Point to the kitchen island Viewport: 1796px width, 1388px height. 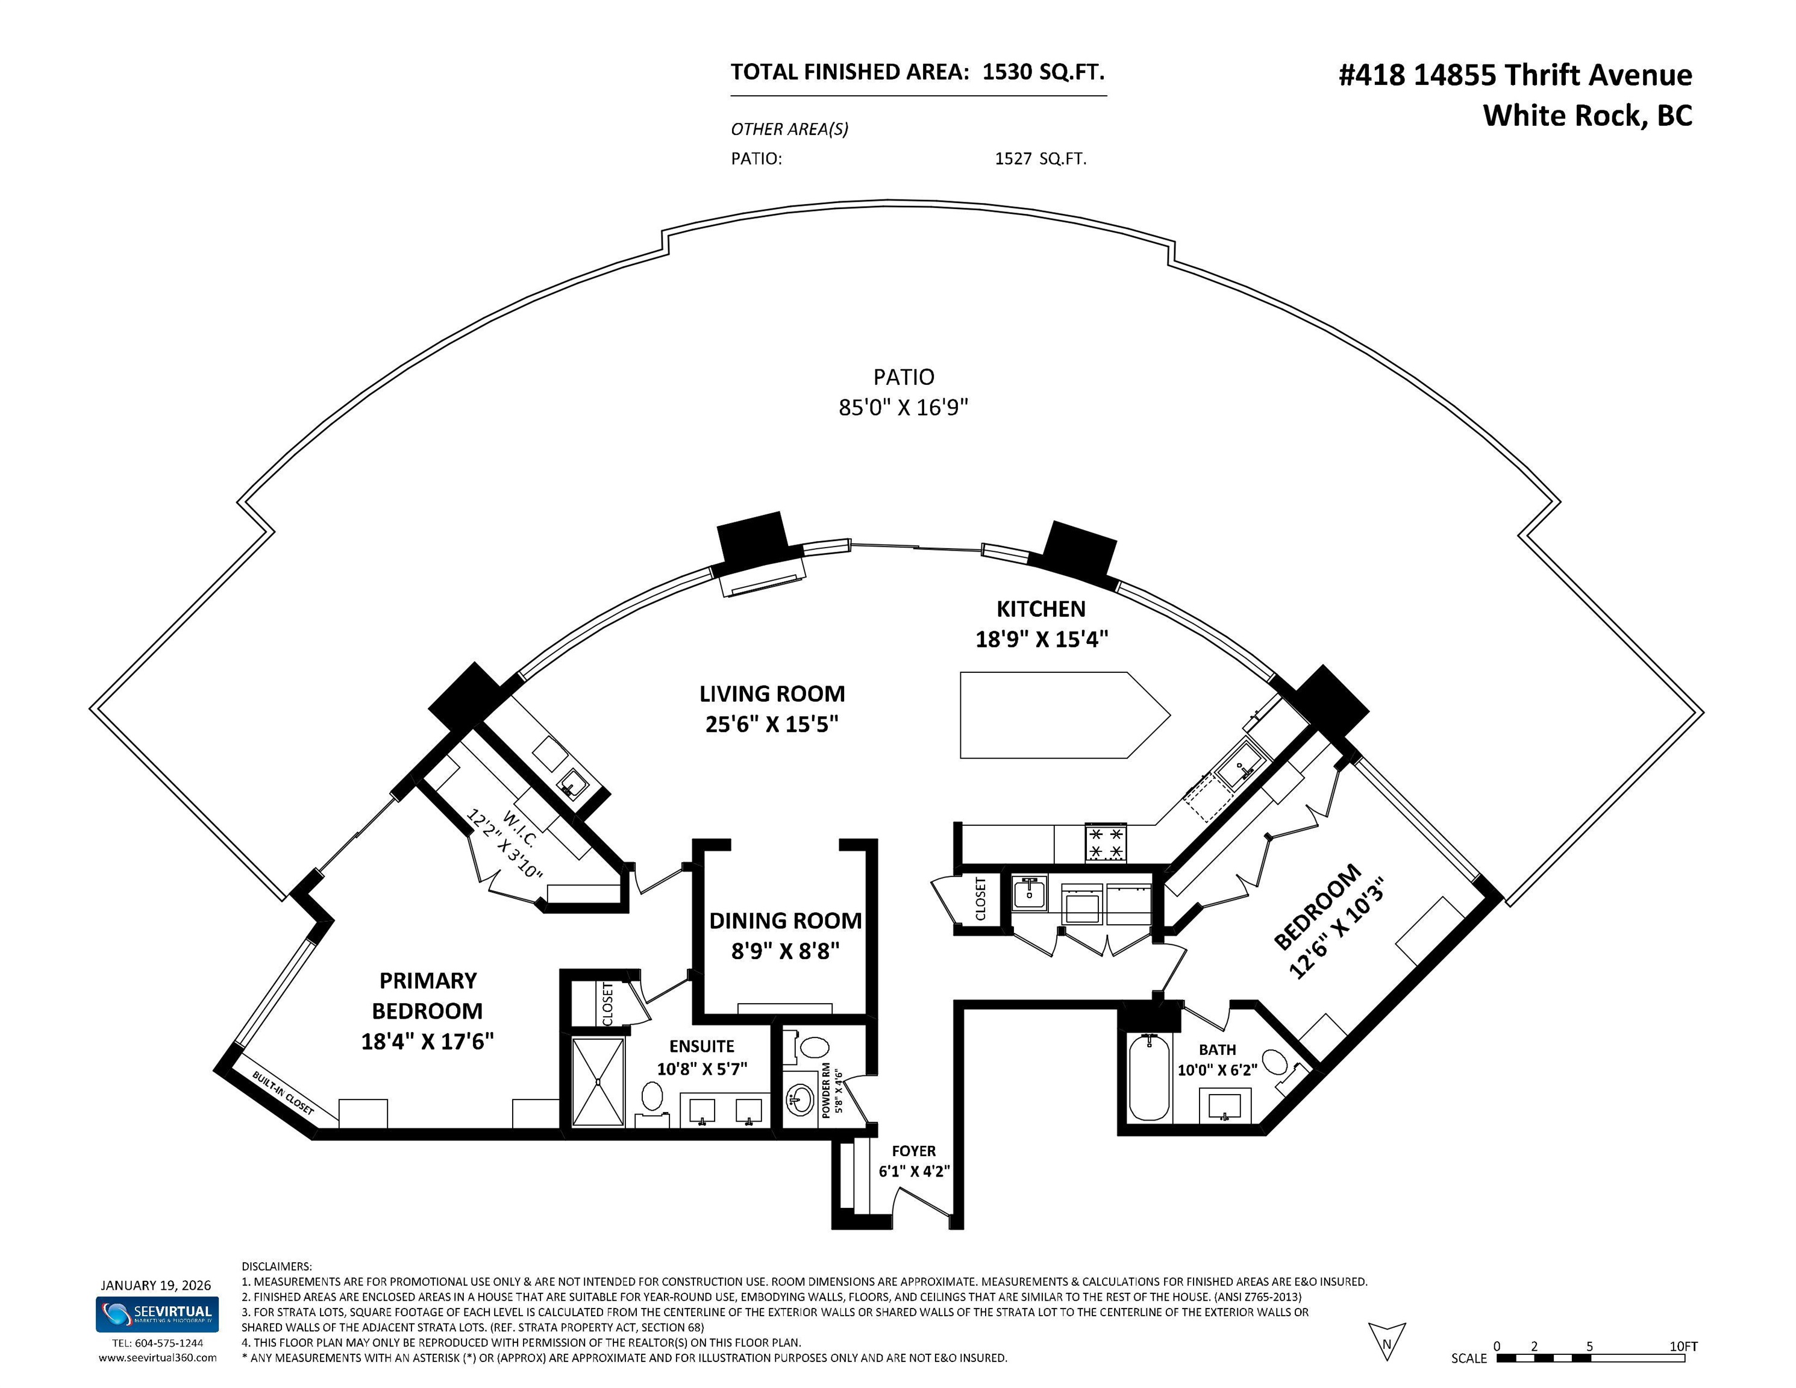[1061, 714]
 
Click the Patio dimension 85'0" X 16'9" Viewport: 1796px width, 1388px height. [903, 407]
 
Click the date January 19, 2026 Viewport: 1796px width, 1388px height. [156, 1285]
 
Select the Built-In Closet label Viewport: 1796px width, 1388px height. [283, 1093]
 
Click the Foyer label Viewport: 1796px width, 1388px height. [913, 1151]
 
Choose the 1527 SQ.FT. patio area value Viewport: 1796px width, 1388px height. [1040, 158]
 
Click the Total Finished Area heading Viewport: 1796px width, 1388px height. [848, 72]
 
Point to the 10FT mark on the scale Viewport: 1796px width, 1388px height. [1683, 1347]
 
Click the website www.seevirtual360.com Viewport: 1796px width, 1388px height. [157, 1357]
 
